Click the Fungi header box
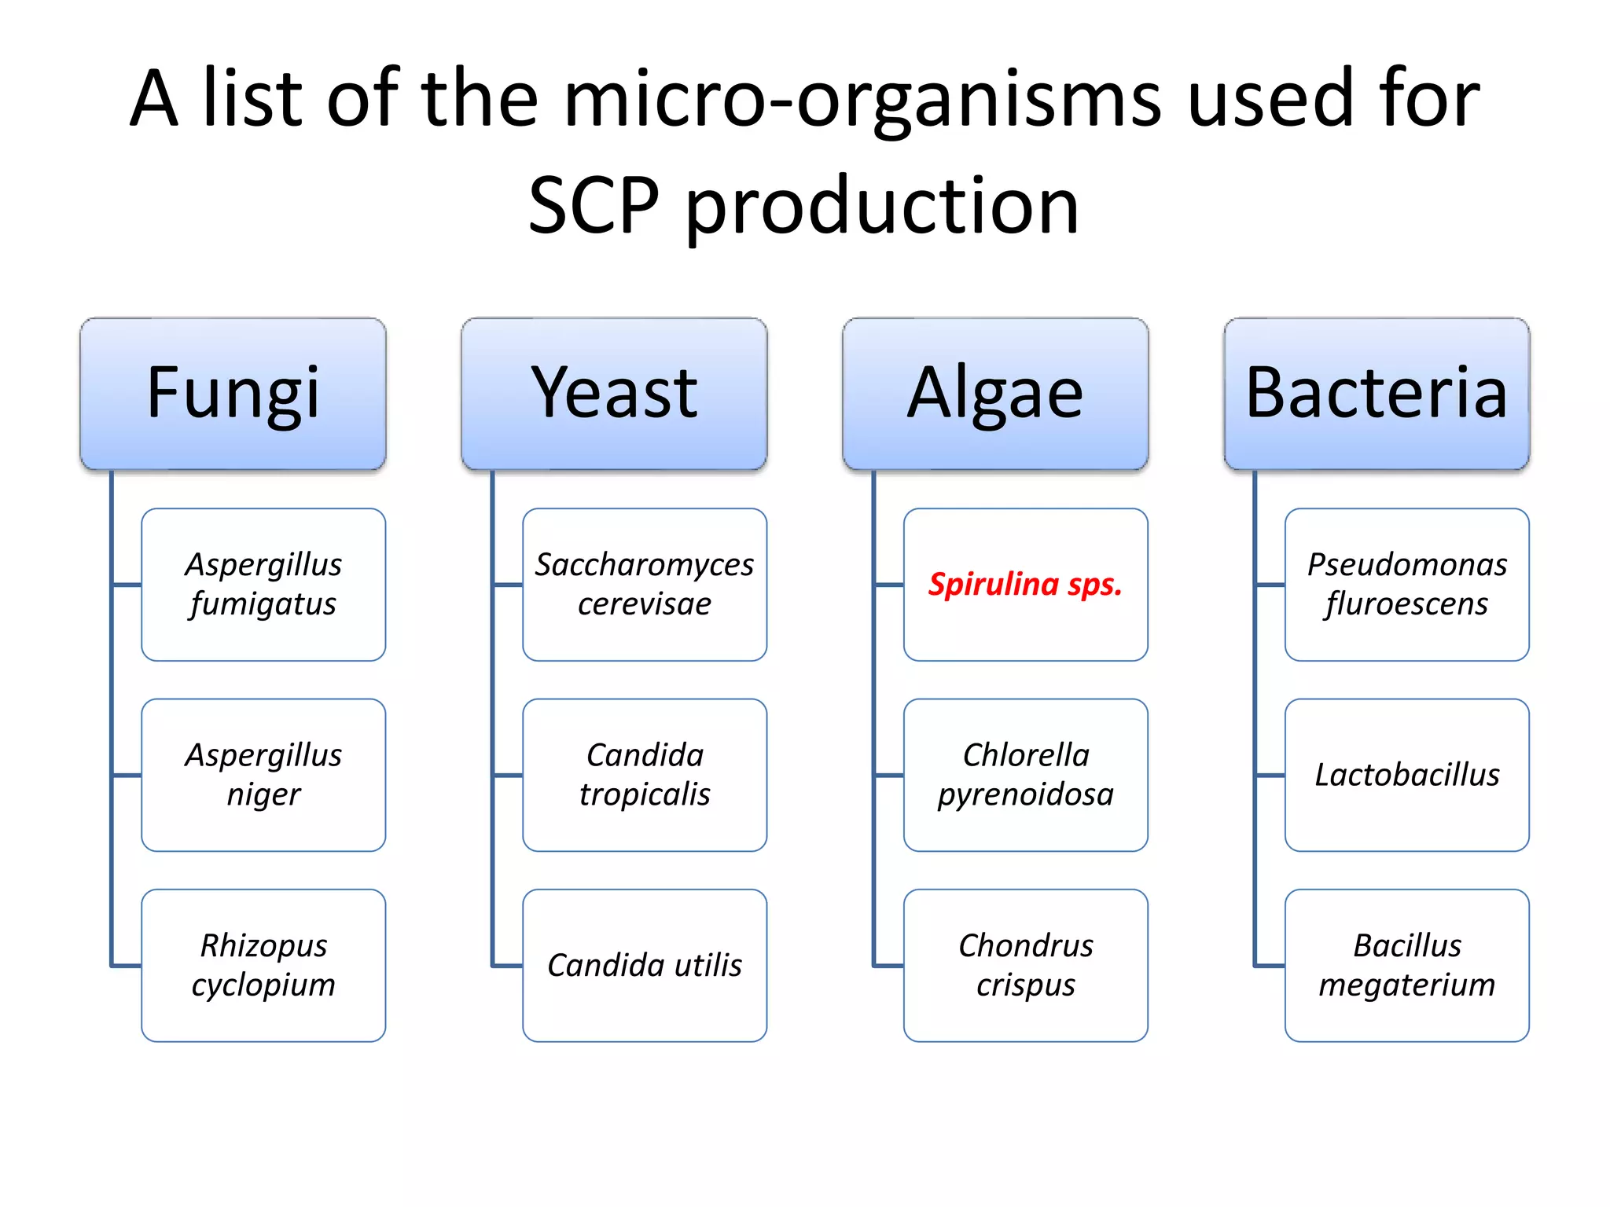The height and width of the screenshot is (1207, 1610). tap(233, 394)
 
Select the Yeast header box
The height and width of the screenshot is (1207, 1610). tap(614, 394)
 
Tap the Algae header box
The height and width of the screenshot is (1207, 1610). tap(995, 394)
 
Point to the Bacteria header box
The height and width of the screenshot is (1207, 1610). tap(1377, 394)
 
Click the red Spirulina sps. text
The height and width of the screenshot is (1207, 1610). tap(1025, 584)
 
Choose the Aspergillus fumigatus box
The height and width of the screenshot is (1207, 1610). tap(263, 584)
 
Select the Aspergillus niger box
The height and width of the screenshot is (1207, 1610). tap(263, 775)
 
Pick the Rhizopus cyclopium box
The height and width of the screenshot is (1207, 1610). tap(263, 965)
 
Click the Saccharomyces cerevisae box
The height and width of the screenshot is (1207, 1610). tap(645, 584)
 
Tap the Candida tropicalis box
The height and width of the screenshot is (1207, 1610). tap(645, 775)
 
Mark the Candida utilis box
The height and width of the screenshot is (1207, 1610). tap(645, 965)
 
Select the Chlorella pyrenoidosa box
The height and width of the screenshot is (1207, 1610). tap(1025, 775)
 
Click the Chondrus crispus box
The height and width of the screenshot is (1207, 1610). tap(1025, 965)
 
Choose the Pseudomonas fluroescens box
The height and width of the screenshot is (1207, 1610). tap(1406, 584)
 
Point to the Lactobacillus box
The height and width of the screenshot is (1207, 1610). tap(1406, 775)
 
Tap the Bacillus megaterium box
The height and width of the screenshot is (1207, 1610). tap(1406, 965)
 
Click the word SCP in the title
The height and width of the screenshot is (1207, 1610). tap(594, 206)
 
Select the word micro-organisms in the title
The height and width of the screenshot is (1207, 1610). tap(862, 101)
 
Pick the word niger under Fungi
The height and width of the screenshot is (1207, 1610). tap(263, 794)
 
